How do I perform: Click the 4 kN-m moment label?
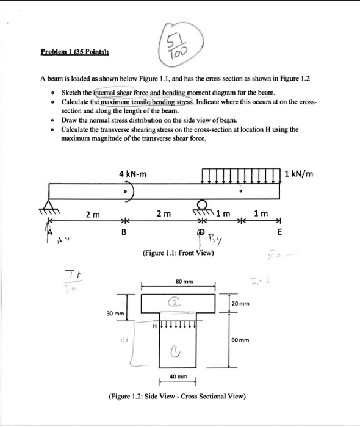coord(133,174)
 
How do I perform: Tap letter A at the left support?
coord(51,232)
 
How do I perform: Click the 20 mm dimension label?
coord(240,303)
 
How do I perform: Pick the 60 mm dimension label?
coord(240,340)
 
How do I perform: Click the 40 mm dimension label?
coord(178,377)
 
